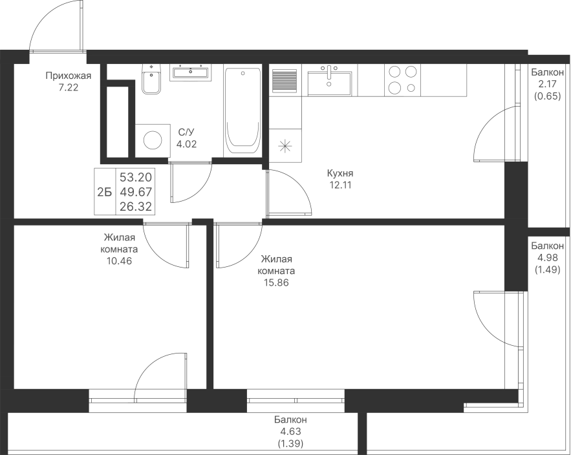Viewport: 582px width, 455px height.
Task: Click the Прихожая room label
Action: click(69, 76)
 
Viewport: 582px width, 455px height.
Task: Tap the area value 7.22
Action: click(69, 88)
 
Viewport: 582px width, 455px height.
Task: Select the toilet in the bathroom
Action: click(151, 79)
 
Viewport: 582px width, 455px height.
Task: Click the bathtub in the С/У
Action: click(243, 111)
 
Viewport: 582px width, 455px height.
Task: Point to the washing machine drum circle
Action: click(153, 140)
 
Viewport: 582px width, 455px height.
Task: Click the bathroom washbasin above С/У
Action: click(190, 72)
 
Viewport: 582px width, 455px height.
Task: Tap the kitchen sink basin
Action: click(329, 83)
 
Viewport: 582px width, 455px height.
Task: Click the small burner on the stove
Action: click(411, 88)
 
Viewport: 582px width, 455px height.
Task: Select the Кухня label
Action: click(340, 173)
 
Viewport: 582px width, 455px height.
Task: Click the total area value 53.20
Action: click(136, 177)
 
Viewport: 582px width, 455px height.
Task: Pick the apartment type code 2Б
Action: click(104, 192)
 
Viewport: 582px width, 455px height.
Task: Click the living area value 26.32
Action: click(136, 207)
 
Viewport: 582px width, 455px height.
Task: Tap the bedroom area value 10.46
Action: click(119, 261)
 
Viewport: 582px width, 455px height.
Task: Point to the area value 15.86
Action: click(276, 283)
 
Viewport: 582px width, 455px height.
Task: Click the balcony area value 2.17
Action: click(548, 84)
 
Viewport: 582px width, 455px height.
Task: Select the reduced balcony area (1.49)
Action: click(548, 270)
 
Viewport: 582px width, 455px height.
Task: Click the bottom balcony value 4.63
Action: click(290, 432)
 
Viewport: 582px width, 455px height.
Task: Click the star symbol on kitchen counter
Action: click(285, 145)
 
